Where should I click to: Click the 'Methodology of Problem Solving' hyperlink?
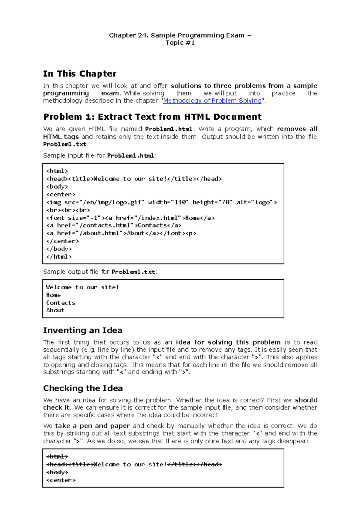(212, 101)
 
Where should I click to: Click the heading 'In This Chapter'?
(80, 74)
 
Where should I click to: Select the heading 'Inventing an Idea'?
(83, 330)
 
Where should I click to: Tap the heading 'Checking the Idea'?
(83, 388)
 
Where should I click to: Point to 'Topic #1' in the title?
(180, 43)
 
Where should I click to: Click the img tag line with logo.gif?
(161, 202)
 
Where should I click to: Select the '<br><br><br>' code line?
(68, 210)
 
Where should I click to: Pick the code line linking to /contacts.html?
(114, 225)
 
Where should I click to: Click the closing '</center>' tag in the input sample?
(63, 241)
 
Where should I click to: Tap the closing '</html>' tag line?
(59, 257)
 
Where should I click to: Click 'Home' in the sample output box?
(53, 295)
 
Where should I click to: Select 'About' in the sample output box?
(55, 310)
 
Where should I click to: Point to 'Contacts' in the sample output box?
(61, 303)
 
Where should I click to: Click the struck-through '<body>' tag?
(57, 472)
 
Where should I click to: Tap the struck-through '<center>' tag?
(61, 480)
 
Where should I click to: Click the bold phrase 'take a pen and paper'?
(92, 426)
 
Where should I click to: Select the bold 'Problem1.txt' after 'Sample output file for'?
(133, 272)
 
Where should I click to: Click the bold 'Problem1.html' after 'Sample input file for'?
(131, 156)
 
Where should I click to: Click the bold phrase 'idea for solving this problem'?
(228, 342)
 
